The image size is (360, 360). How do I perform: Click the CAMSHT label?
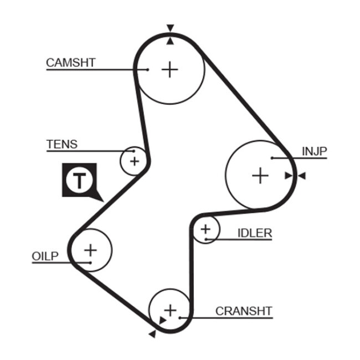pos(70,63)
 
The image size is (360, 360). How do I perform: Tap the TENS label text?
pos(62,145)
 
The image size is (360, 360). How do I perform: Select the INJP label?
pos(314,151)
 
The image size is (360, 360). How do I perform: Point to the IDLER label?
pos(255,233)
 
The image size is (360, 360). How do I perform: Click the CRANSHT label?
pos(244,311)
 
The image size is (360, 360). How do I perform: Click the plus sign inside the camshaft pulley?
pos(170,69)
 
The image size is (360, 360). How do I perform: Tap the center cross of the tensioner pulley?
pos(134,161)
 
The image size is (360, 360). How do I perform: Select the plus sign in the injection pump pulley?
pos(260,176)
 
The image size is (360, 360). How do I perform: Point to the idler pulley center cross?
pos(205,228)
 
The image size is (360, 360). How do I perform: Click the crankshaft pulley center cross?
pos(170,310)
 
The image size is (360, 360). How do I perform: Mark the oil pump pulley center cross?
pos(90,250)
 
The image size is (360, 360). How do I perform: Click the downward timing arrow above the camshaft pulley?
pos(170,28)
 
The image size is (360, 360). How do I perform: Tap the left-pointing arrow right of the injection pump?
pos(301,176)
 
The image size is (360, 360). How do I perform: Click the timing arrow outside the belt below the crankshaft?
pos(152,333)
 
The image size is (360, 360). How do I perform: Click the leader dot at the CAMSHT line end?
pos(148,69)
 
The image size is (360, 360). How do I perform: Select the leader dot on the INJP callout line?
pos(272,158)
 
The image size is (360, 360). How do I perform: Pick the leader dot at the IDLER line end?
pos(205,239)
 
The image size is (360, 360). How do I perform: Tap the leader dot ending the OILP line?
pos(89,262)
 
